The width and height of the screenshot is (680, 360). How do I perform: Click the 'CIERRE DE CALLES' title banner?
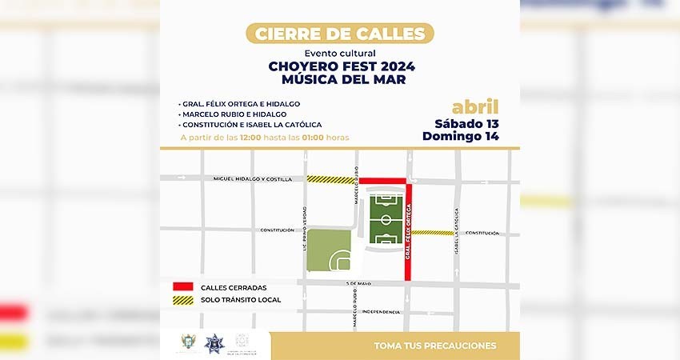tap(340, 34)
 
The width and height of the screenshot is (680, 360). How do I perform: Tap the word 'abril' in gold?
tap(474, 107)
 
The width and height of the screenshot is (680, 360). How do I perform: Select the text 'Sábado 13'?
tap(466, 123)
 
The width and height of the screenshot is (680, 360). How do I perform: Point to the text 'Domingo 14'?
tap(461, 136)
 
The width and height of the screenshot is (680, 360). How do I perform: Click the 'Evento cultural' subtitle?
tap(339, 53)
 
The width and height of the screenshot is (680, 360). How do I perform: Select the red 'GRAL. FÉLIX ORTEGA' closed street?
tap(408, 232)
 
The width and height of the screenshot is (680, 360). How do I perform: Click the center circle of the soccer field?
tap(386, 218)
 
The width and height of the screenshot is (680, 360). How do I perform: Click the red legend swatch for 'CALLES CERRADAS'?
tap(183, 287)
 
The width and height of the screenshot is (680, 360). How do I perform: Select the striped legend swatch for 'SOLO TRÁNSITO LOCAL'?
tap(183, 300)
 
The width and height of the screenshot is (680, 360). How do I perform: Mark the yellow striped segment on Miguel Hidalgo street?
tap(330, 180)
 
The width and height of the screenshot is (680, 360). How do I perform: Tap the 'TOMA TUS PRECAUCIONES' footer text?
tap(434, 346)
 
